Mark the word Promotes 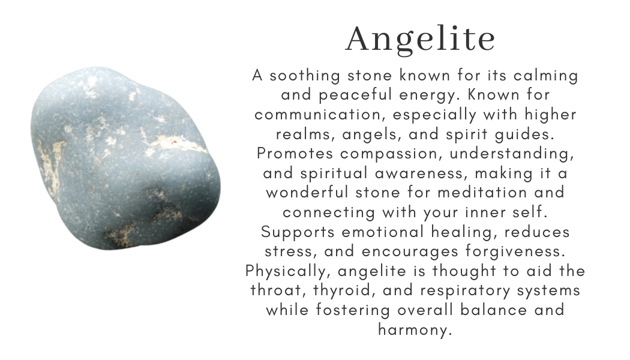294,153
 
